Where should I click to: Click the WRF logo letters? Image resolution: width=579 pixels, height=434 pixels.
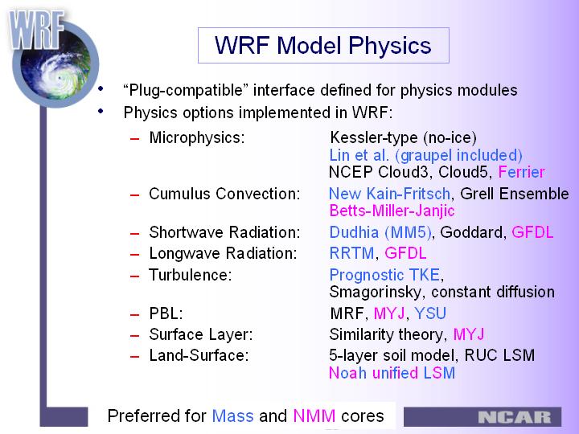pos(36,31)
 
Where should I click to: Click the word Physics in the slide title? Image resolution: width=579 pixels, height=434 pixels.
pos(390,46)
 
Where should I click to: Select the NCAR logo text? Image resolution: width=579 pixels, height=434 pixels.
pos(515,417)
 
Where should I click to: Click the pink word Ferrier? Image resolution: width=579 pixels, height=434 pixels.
pos(521,172)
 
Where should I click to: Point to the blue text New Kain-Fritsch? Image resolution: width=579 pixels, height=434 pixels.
pos(389,194)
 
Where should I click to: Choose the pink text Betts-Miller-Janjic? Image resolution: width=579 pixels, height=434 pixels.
pos(392,211)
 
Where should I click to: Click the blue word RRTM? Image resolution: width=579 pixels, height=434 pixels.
pos(351,253)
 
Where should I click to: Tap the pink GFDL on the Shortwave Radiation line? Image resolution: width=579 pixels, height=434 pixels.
pos(532,232)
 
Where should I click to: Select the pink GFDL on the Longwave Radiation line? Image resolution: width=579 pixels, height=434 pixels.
pos(405,253)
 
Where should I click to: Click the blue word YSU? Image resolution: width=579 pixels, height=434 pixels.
pos(430,313)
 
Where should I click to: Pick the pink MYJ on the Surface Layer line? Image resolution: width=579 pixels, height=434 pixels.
pos(469,334)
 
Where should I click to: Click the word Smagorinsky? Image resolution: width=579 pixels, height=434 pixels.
pos(375,293)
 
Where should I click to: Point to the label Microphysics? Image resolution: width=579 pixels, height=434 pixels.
pos(197,138)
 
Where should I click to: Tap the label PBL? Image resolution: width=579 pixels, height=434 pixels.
pos(166,313)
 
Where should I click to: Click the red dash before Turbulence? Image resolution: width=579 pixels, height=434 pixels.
pos(135,276)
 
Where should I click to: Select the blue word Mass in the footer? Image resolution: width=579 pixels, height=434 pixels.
pos(232,416)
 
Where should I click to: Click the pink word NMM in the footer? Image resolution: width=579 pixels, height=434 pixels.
pos(314,416)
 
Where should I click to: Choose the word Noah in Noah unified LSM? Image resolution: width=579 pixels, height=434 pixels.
pos(348,373)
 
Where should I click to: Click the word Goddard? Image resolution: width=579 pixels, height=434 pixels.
pos(471,232)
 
